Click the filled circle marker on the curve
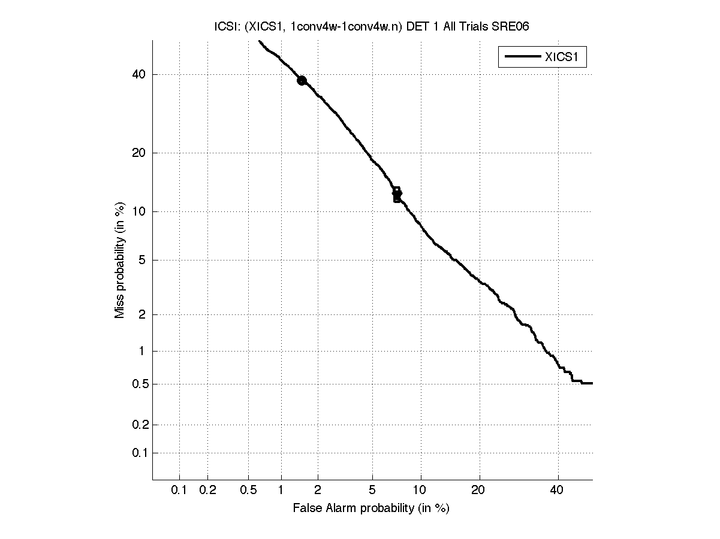pyautogui.click(x=302, y=80)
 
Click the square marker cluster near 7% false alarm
pyautogui.click(x=397, y=194)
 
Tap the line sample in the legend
pyautogui.click(x=522, y=57)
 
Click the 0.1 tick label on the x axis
pyautogui.click(x=179, y=490)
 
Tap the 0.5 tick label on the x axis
pyautogui.click(x=248, y=490)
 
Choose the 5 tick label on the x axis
pyautogui.click(x=372, y=490)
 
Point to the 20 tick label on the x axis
pyautogui.click(x=478, y=490)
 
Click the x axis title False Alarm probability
pyautogui.click(x=371, y=508)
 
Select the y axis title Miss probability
pyautogui.click(x=120, y=259)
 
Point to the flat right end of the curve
pyautogui.click(x=587, y=383)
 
